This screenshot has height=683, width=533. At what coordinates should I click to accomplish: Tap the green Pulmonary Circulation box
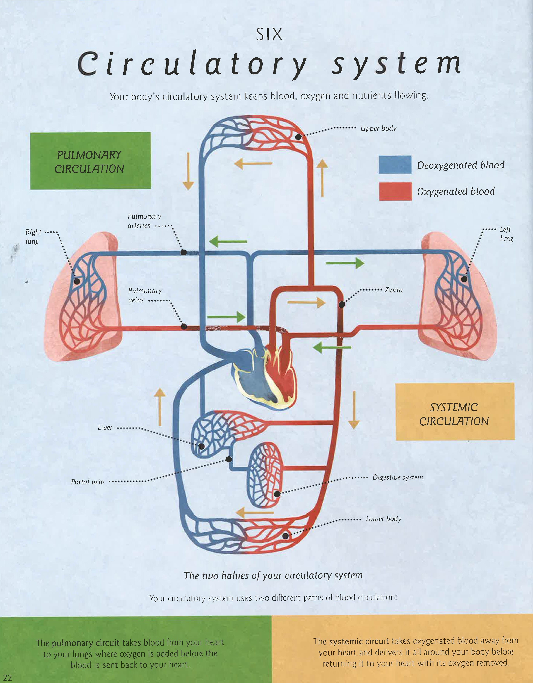tap(90, 161)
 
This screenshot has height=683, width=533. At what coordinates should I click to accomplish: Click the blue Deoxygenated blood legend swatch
tap(395, 165)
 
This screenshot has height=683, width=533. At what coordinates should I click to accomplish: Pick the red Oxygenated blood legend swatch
tap(395, 191)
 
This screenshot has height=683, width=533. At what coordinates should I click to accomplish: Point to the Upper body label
tap(378, 128)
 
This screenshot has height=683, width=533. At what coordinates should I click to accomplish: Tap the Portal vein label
tap(88, 482)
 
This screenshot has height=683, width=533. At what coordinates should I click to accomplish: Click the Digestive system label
tap(397, 477)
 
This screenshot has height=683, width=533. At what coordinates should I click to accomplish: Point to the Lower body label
tap(383, 519)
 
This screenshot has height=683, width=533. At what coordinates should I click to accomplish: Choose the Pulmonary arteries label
tap(144, 221)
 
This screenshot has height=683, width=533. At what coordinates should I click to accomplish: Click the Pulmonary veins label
tap(144, 295)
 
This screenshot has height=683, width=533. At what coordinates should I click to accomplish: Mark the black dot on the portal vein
tap(229, 459)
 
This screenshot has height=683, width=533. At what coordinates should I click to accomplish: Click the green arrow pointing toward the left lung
tap(345, 263)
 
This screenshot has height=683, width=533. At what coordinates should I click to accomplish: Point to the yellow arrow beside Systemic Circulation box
tap(354, 410)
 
